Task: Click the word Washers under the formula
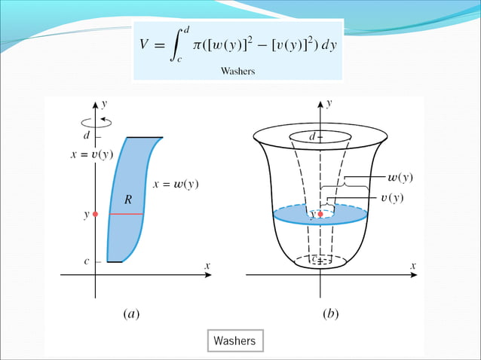pyautogui.click(x=237, y=72)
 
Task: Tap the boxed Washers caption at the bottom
pyautogui.click(x=234, y=340)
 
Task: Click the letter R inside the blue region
pyautogui.click(x=129, y=200)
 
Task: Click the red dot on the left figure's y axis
pyautogui.click(x=95, y=215)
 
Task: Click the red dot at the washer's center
pyautogui.click(x=320, y=215)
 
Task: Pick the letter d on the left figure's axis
pyautogui.click(x=87, y=136)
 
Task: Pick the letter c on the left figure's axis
pyautogui.click(x=87, y=261)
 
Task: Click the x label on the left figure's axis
pyautogui.click(x=207, y=266)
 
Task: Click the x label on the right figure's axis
pyautogui.click(x=413, y=266)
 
